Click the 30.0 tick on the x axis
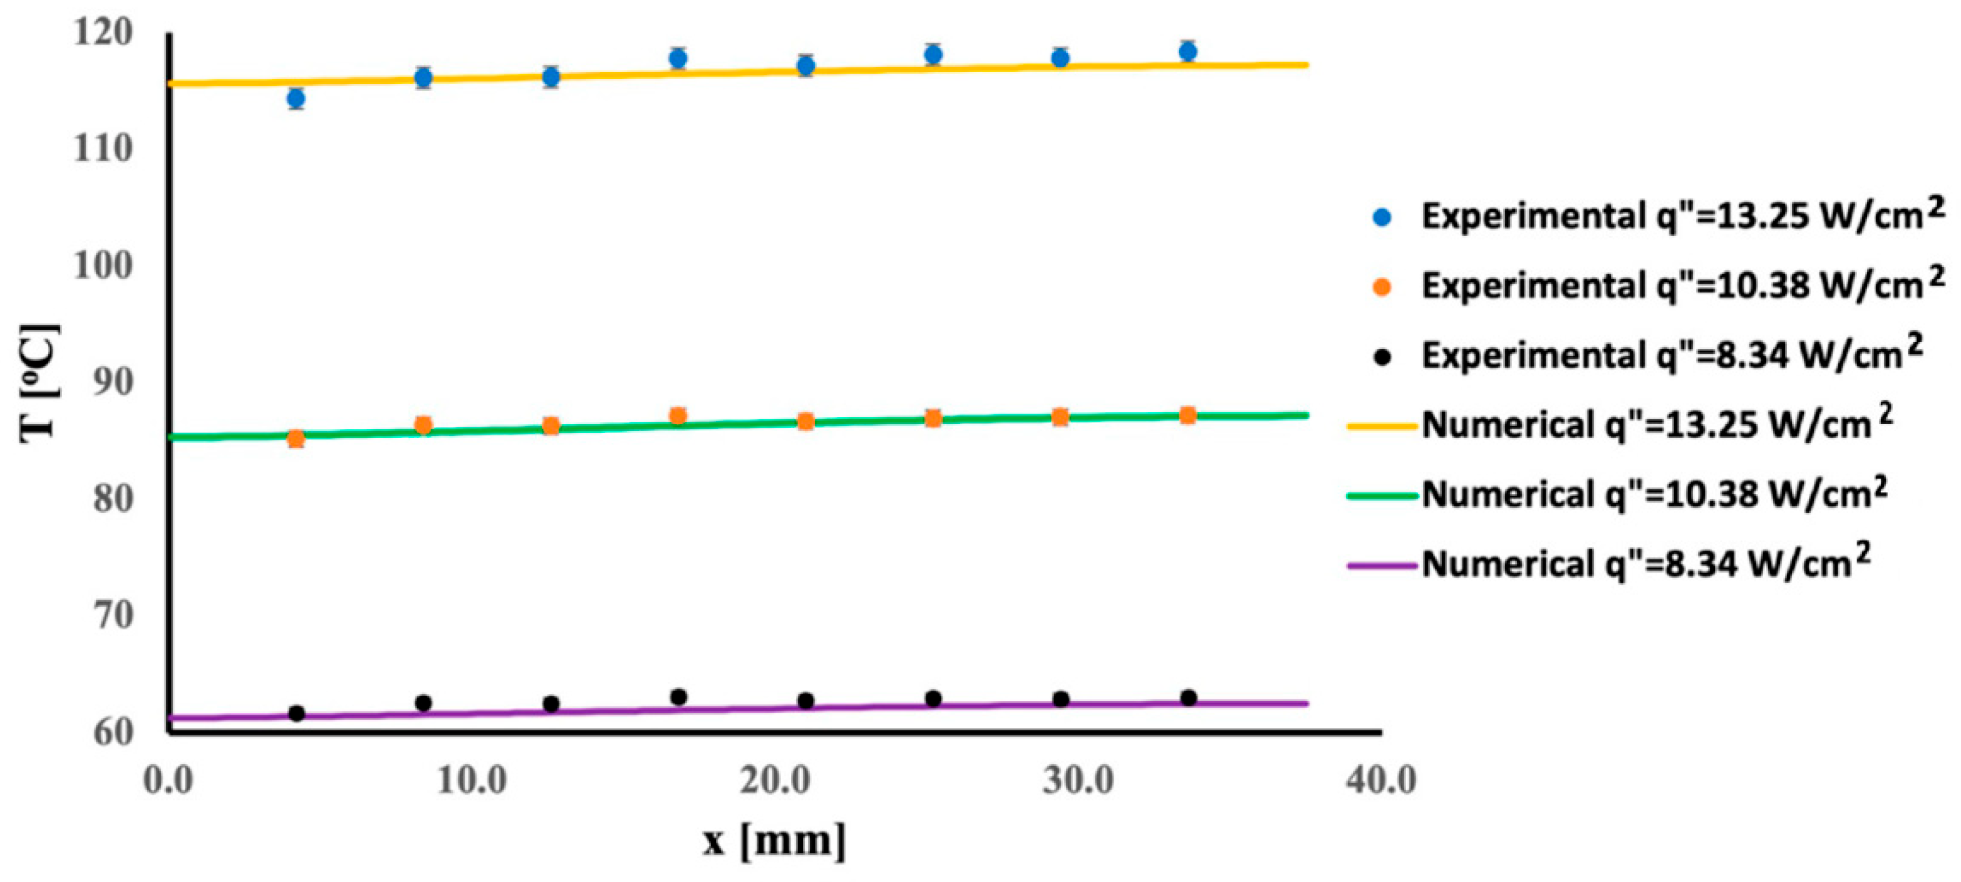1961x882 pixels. pos(1078,780)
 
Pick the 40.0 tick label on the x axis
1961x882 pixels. pos(1380,780)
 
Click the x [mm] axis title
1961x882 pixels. pos(774,841)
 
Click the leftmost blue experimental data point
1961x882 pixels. pos(296,98)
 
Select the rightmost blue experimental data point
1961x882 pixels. pos(1187,52)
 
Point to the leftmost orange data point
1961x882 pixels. pos(296,438)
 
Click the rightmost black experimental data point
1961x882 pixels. pos(1187,698)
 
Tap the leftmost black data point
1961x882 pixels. pos(297,713)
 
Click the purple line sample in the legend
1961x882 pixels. pos(1382,565)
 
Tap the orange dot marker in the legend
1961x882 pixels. pos(1382,287)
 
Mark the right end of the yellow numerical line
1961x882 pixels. pos(1306,65)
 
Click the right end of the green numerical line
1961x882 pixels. pos(1306,415)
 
